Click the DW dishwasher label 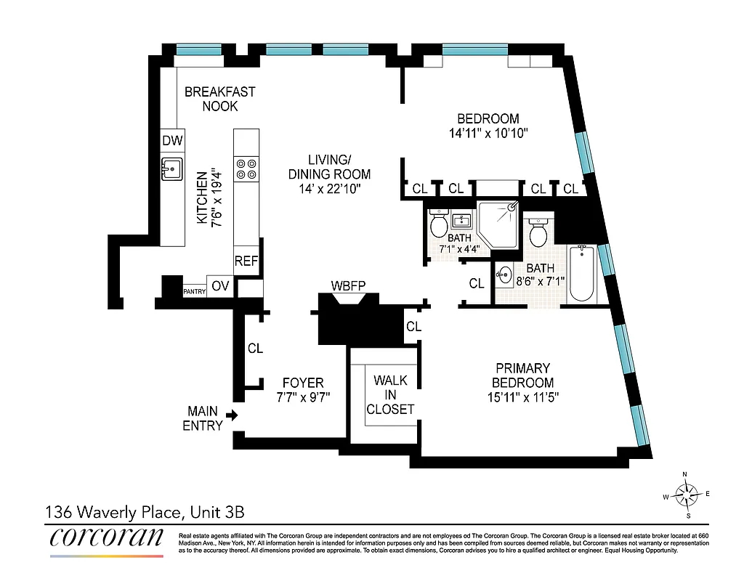(x=172, y=141)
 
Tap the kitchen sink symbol (x=171, y=169)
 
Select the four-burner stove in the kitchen (x=246, y=169)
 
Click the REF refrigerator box (x=246, y=261)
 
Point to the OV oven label (x=220, y=286)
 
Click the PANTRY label (x=194, y=291)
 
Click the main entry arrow (x=232, y=415)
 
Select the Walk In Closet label (x=390, y=394)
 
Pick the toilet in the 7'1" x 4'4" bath (x=439, y=223)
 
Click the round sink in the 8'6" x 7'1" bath (x=506, y=275)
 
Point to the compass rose (x=685, y=495)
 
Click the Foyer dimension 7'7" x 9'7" (x=303, y=397)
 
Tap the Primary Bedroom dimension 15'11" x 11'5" (x=522, y=397)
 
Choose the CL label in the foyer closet (x=255, y=349)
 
